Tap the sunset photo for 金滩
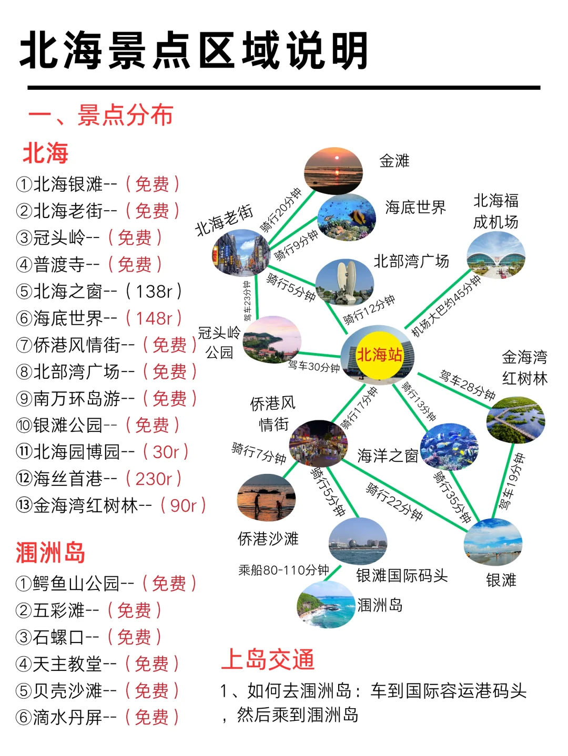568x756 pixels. [333, 171]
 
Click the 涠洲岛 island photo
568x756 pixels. [326, 605]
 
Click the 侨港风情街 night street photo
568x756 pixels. [318, 443]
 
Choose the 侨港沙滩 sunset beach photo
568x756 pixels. [266, 497]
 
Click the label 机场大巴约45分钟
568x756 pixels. [445, 306]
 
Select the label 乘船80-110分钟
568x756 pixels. [283, 570]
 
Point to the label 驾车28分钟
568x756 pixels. [467, 385]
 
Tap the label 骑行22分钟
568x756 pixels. [394, 502]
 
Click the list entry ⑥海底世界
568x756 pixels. [67, 318]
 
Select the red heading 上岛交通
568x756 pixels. [268, 659]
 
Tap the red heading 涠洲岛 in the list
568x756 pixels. [50, 553]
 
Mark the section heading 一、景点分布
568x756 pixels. [100, 115]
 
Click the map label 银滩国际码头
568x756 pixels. [402, 576]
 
